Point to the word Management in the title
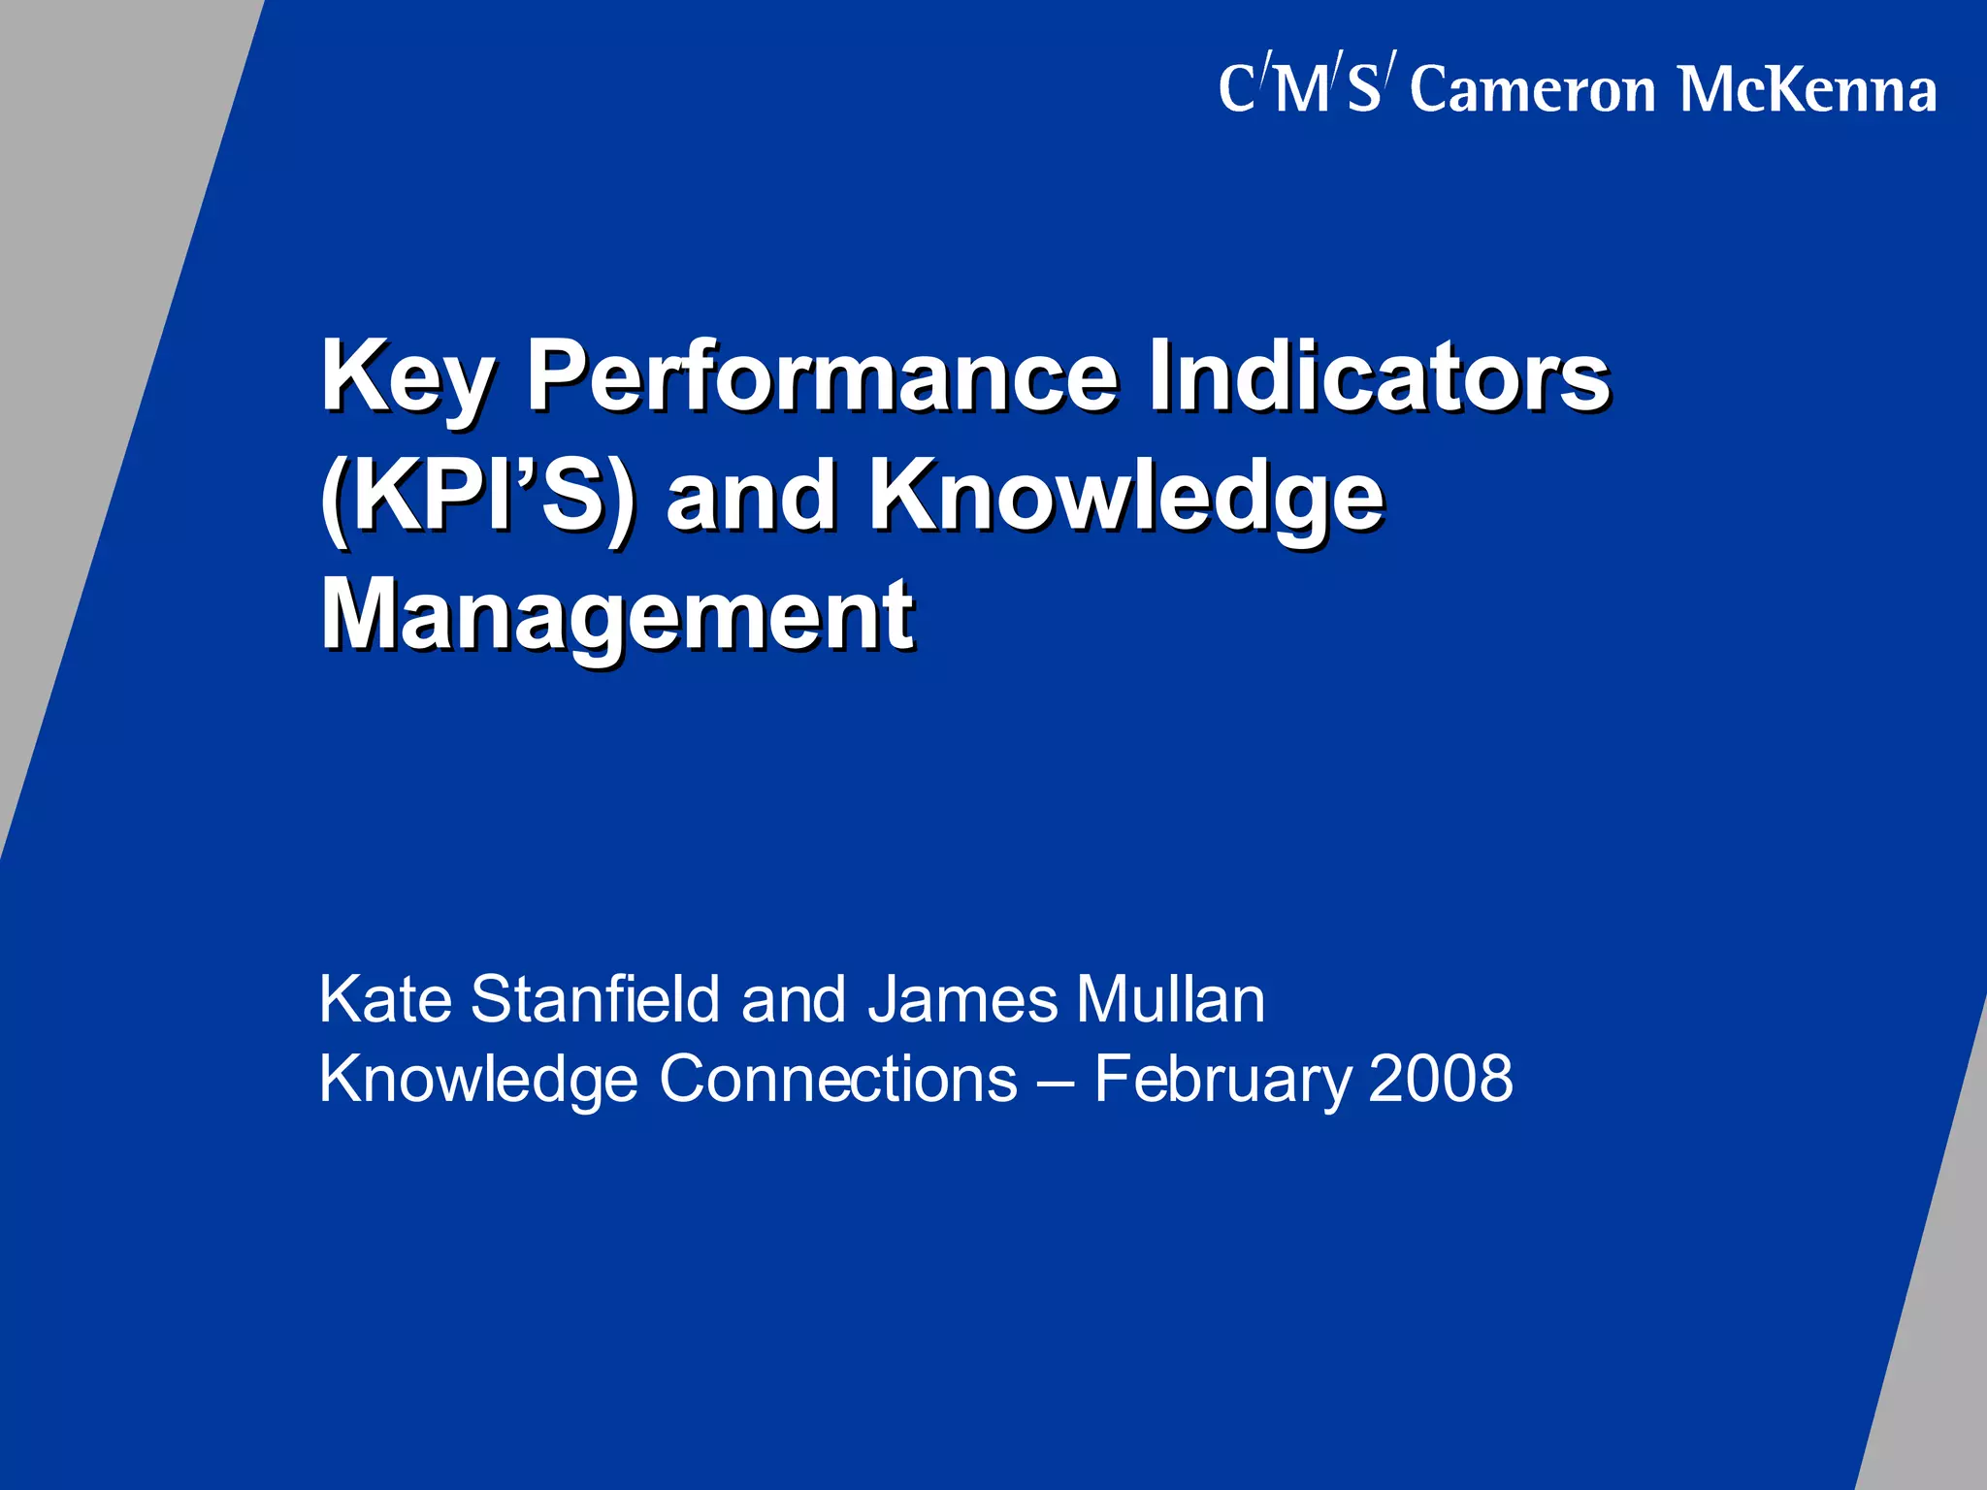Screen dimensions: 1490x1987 (617, 615)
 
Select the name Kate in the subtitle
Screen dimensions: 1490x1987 (385, 999)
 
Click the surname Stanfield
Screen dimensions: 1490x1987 (595, 999)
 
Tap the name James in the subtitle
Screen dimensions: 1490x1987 (961, 999)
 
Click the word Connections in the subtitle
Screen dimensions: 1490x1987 (838, 1079)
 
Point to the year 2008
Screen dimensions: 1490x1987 (1440, 1079)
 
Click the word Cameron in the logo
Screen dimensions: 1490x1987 (1533, 91)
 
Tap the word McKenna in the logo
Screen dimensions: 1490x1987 (1808, 91)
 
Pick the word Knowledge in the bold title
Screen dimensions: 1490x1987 (1125, 497)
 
